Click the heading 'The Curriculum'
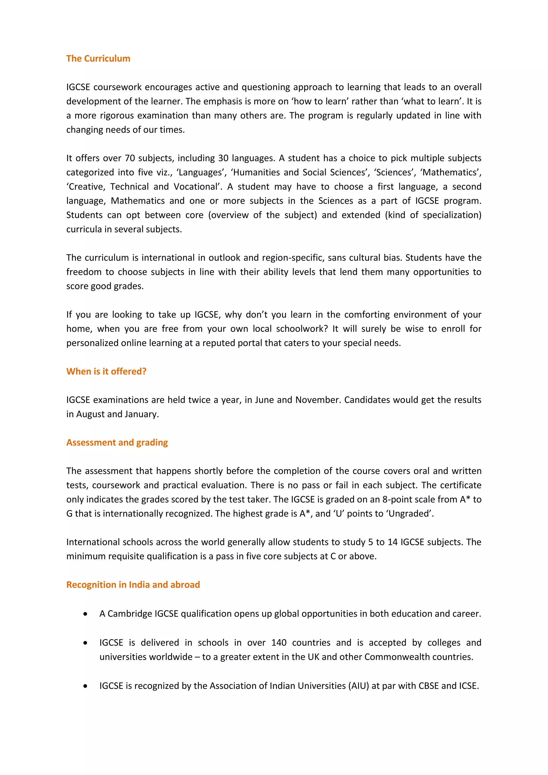tap(98, 59)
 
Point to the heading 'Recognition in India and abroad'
tap(133, 585)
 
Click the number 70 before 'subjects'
tap(130, 158)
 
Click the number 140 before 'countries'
tap(279, 643)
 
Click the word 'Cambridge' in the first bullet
tap(130, 614)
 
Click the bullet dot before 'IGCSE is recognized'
tap(85, 686)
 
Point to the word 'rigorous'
tap(116, 116)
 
